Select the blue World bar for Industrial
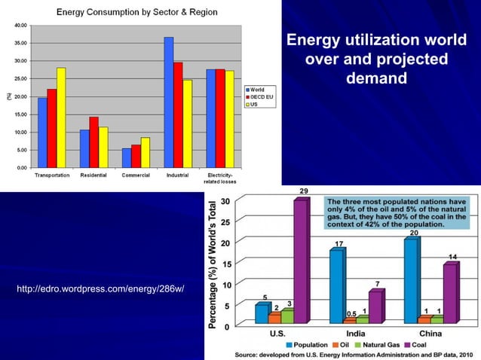(169, 102)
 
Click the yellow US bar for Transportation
(61, 117)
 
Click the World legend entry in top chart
(257, 90)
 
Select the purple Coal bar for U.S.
(300, 262)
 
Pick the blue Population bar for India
(335, 286)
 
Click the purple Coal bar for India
(375, 307)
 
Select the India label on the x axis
(356, 333)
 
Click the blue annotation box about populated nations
(397, 214)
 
